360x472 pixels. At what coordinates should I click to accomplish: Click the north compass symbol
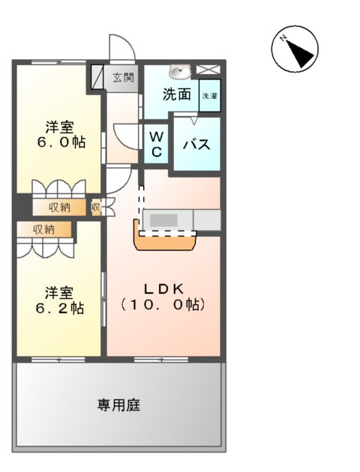[294, 50]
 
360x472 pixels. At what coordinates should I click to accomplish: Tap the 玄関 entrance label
[124, 76]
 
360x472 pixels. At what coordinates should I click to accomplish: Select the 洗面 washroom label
[177, 94]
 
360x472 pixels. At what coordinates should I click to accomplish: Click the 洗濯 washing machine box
[209, 97]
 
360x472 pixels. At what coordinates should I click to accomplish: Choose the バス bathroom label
[197, 144]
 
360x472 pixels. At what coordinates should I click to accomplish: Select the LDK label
[163, 288]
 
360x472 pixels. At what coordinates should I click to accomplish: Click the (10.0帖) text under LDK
[163, 306]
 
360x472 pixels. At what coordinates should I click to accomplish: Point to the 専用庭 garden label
[118, 405]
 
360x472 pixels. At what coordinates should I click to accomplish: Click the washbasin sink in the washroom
[180, 72]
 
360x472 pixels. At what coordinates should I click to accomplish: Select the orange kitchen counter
[165, 243]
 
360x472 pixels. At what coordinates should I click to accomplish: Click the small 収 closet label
[96, 207]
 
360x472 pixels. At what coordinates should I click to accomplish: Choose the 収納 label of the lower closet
[43, 229]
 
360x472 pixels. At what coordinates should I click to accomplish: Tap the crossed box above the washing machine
[209, 71]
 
